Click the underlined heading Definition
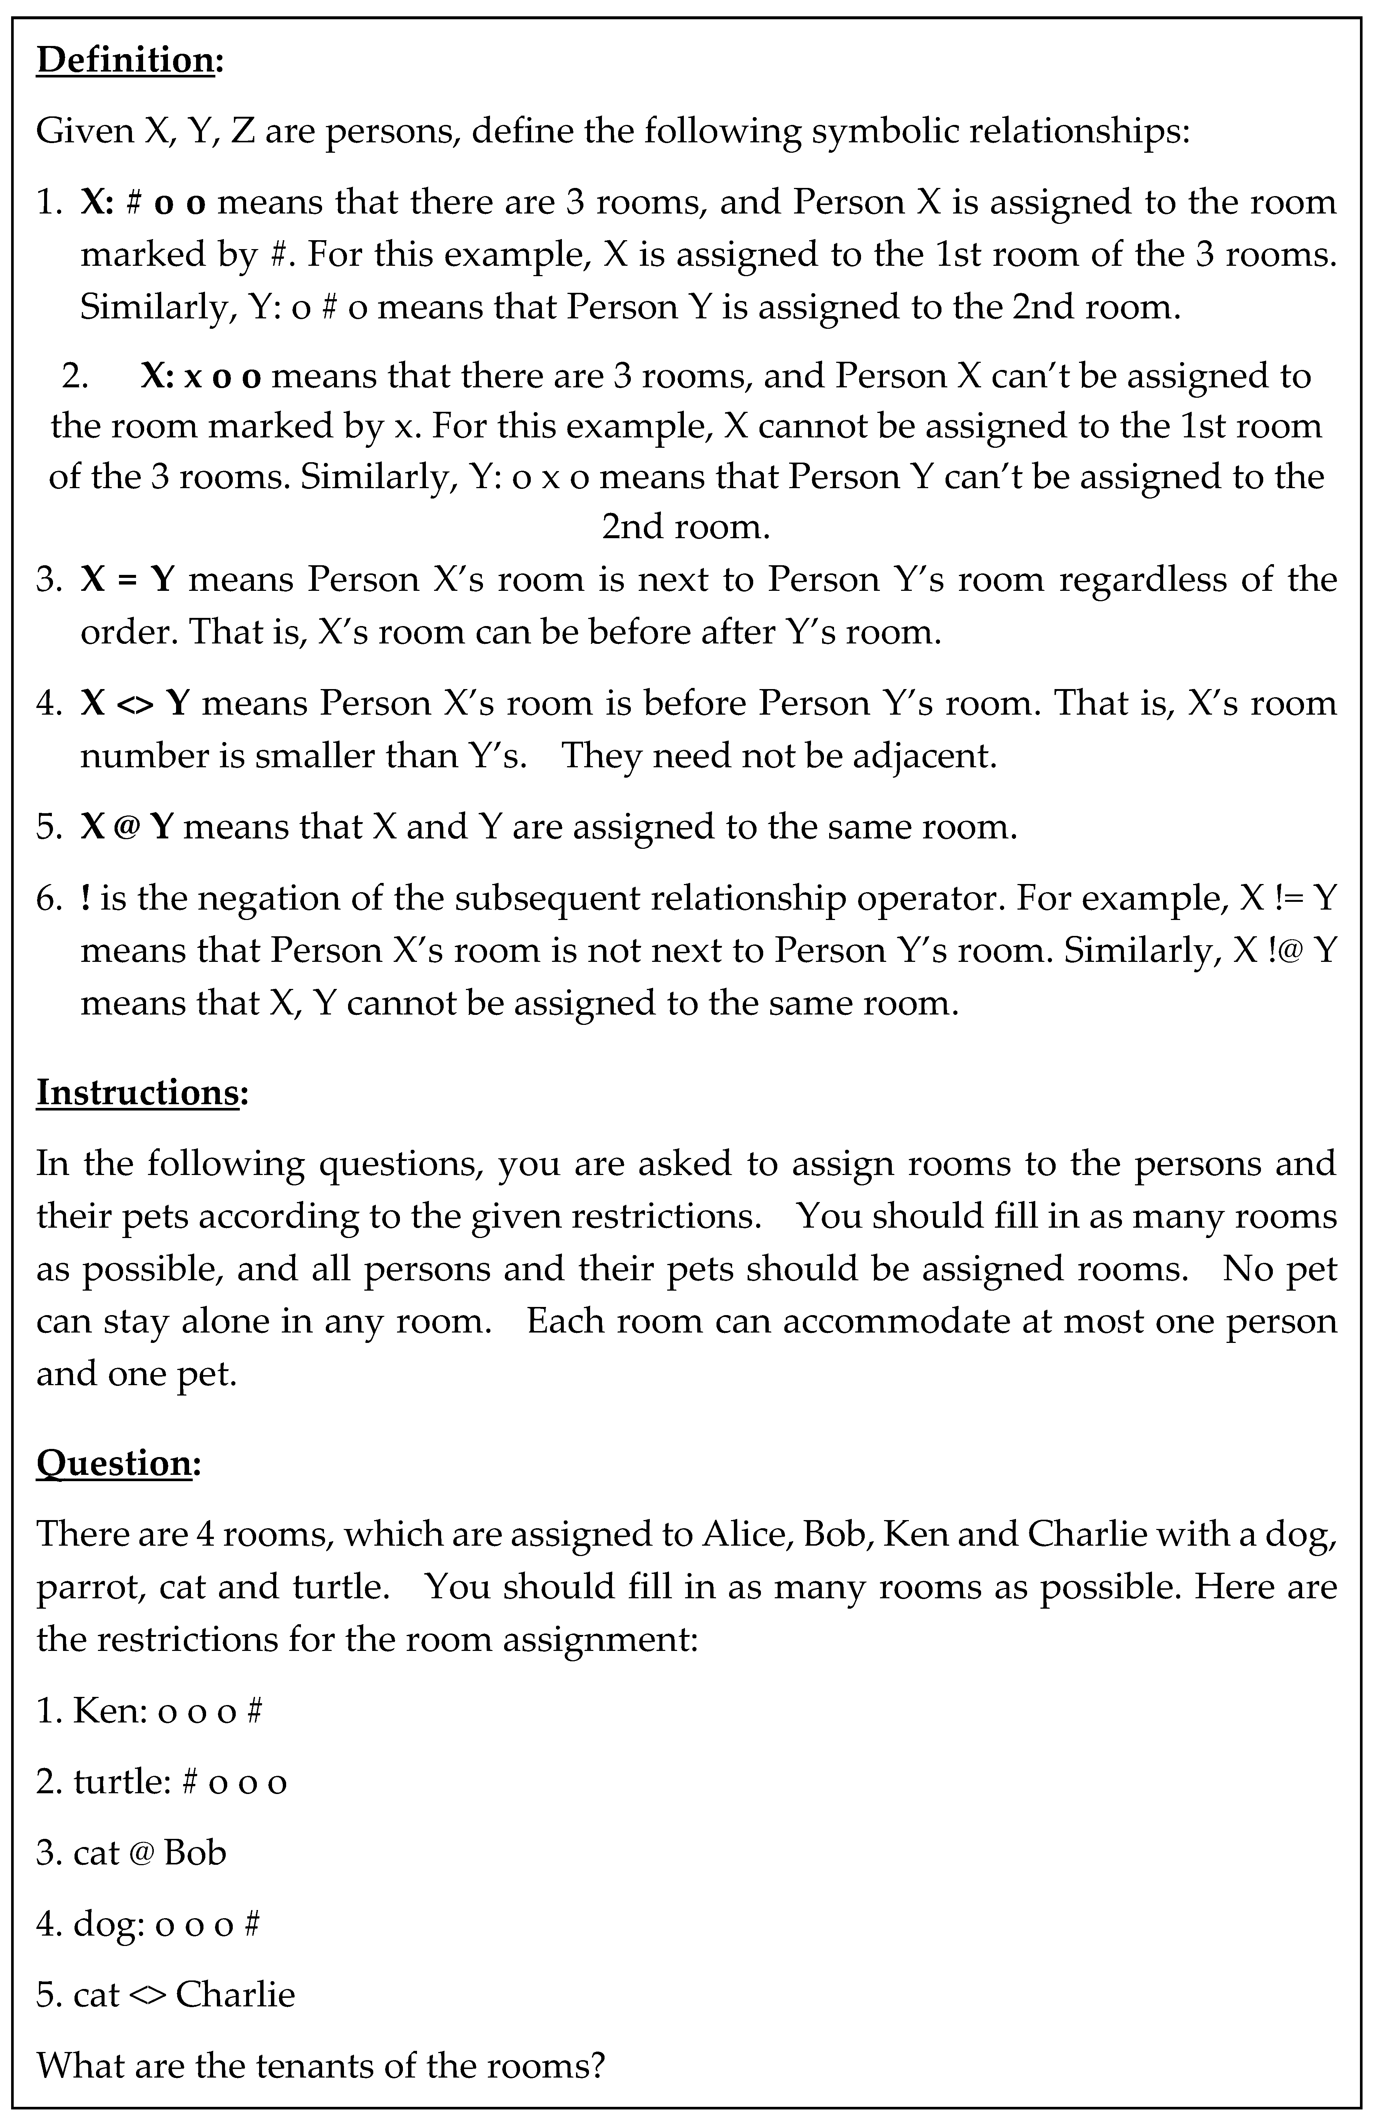point(125,61)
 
